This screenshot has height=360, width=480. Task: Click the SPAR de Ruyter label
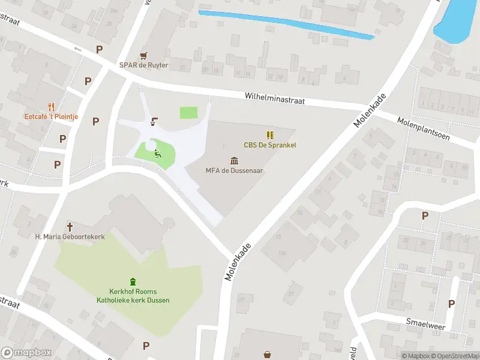[x=143, y=65]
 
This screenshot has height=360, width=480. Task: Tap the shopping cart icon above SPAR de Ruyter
[x=143, y=55]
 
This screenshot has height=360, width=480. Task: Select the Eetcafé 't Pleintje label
[x=51, y=116]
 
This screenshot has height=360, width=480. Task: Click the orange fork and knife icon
[x=51, y=107]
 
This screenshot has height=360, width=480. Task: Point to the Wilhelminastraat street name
[x=274, y=98]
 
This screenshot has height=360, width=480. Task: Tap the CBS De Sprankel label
[x=269, y=145]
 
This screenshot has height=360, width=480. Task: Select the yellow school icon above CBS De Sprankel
[x=269, y=135]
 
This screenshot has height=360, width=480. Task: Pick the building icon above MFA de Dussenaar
[x=234, y=160]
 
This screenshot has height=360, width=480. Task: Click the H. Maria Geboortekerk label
[x=70, y=236]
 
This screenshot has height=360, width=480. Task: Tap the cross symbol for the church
[x=70, y=226]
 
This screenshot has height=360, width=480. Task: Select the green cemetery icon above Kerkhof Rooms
[x=133, y=281]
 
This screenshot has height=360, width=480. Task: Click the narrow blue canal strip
[x=286, y=24]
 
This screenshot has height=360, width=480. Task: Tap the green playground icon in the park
[x=157, y=154]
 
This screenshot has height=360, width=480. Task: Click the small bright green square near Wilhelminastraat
[x=188, y=112]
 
